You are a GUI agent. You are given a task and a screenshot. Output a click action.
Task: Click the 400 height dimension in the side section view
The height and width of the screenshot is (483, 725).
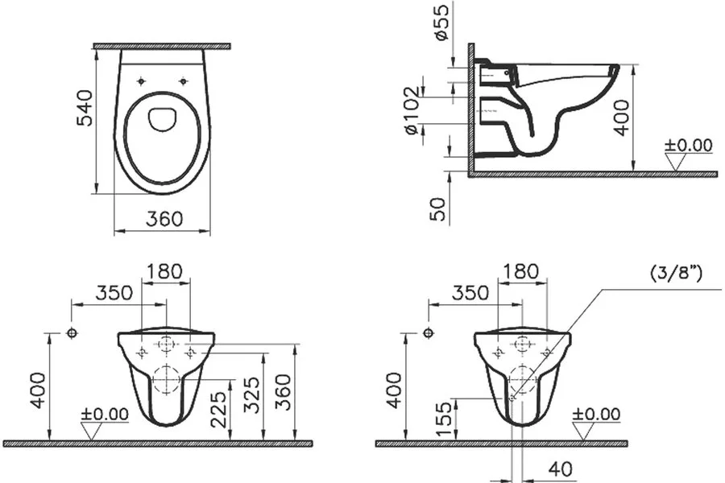pyautogui.click(x=621, y=118)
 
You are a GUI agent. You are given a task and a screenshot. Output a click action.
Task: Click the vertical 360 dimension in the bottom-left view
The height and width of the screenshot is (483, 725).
pyautogui.click(x=284, y=392)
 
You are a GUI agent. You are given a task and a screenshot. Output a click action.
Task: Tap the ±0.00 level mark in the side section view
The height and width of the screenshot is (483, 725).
pyautogui.click(x=688, y=146)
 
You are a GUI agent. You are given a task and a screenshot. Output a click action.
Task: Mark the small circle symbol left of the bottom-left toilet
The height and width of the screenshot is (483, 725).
pyautogui.click(x=72, y=333)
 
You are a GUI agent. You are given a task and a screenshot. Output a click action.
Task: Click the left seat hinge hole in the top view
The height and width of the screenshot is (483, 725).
pyautogui.click(x=142, y=80)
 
